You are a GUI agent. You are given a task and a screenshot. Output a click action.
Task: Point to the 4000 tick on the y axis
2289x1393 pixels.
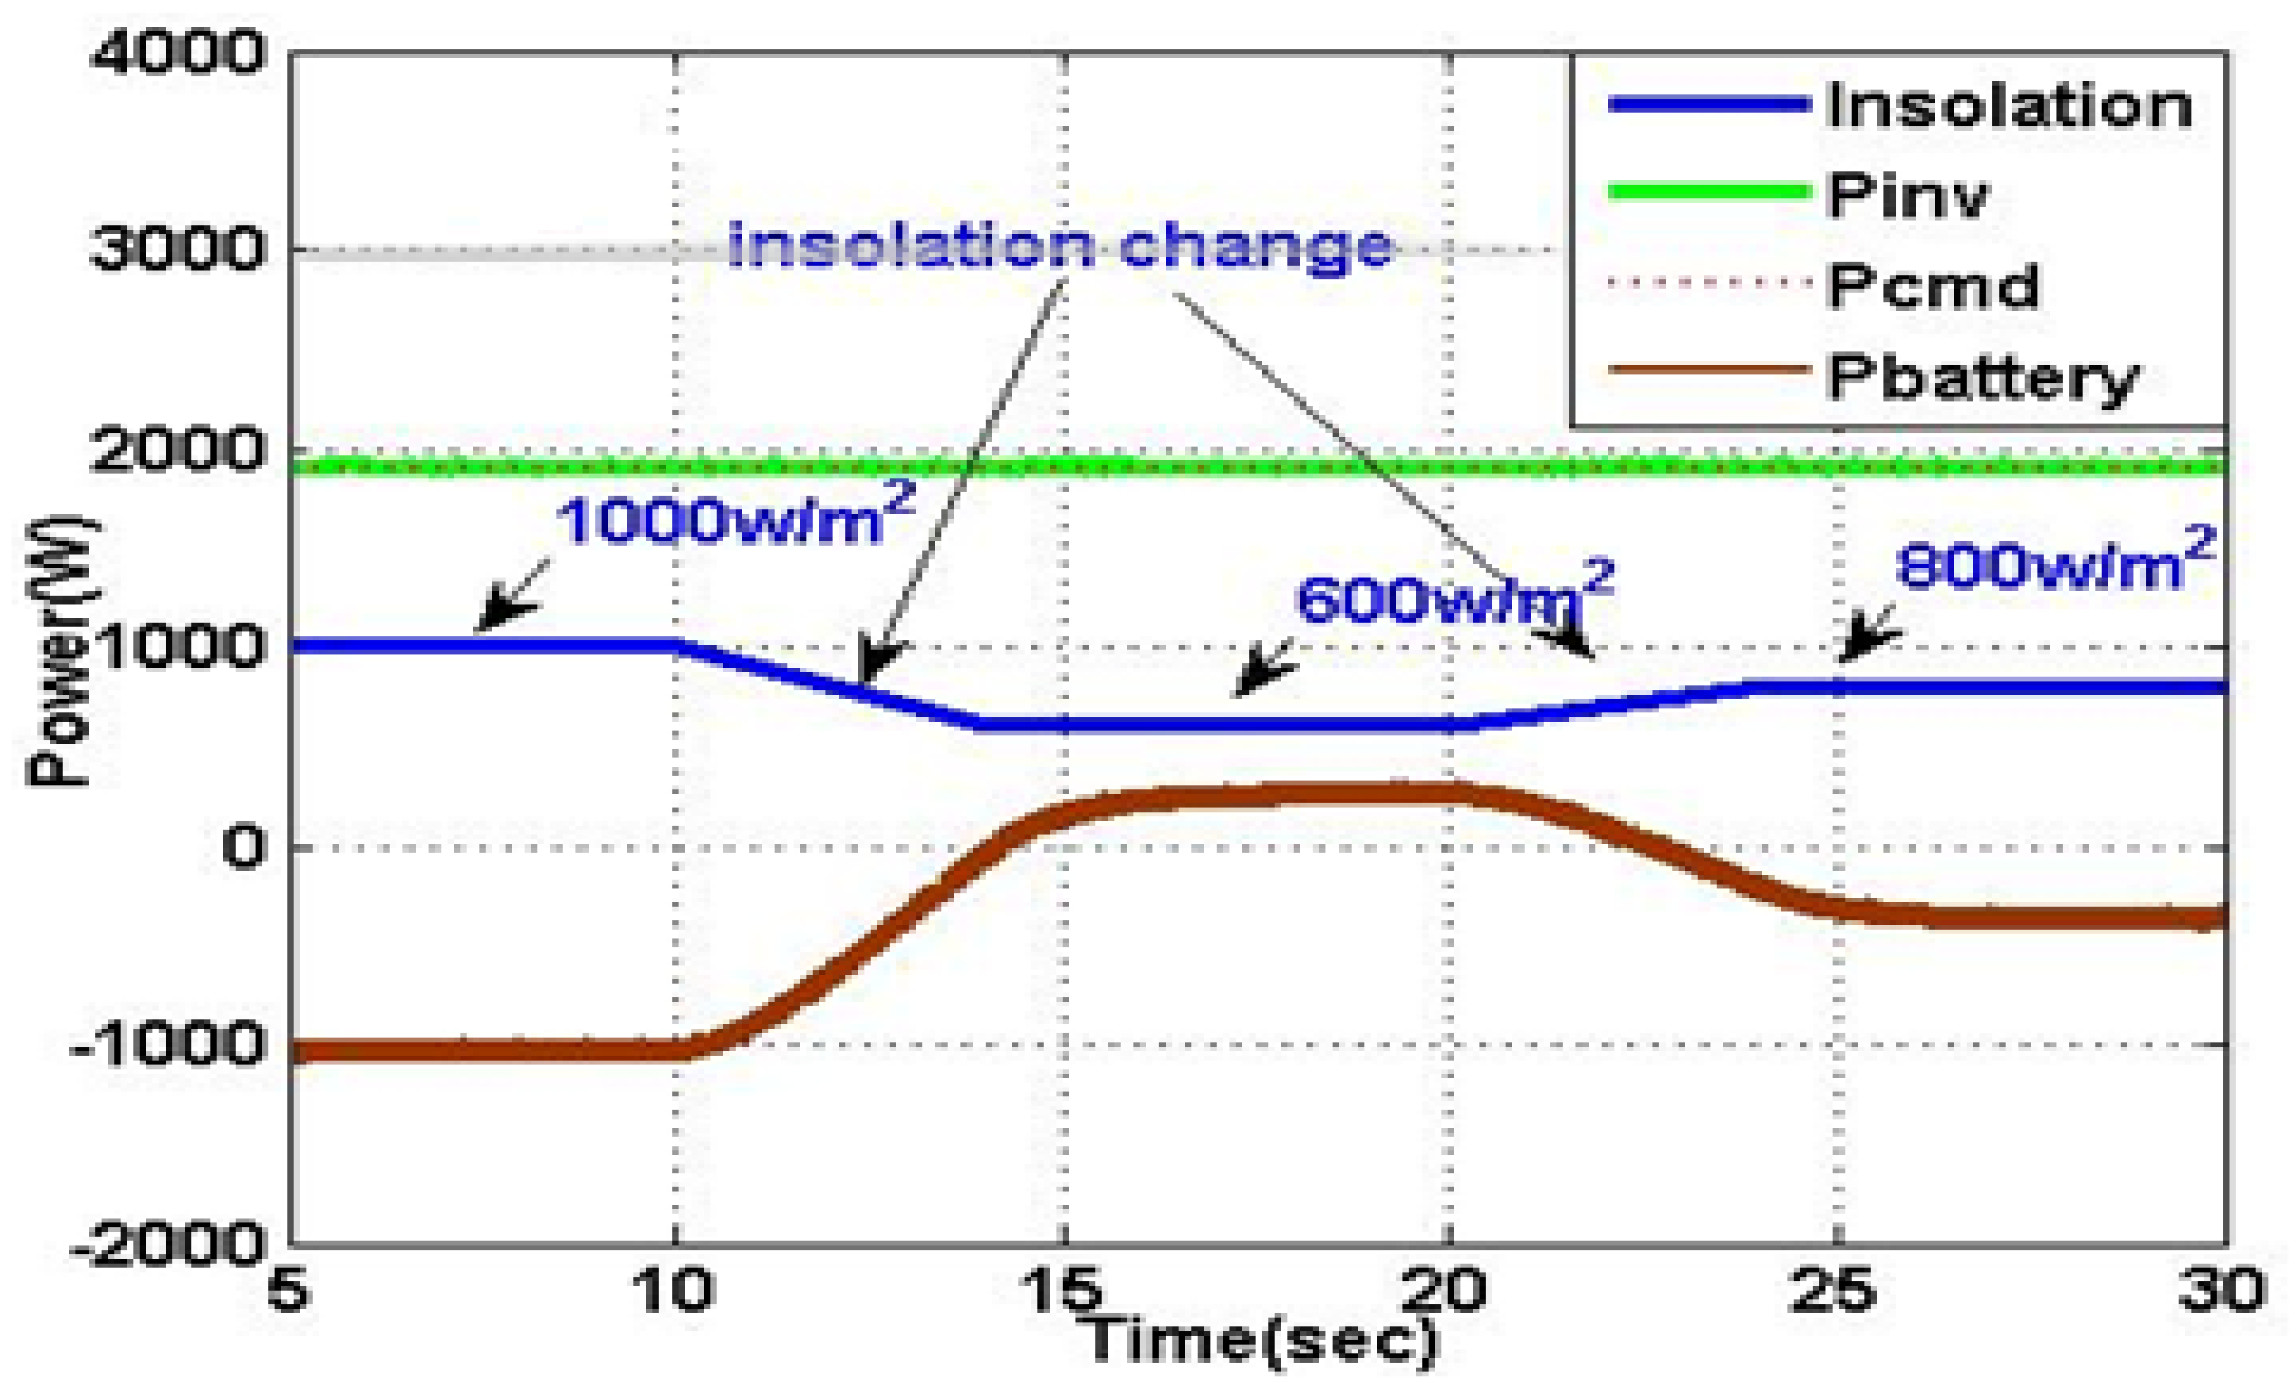176,53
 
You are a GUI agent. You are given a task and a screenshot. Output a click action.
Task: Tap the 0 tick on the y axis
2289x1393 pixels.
244,847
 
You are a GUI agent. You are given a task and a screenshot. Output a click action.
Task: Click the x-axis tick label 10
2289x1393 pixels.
674,1291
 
